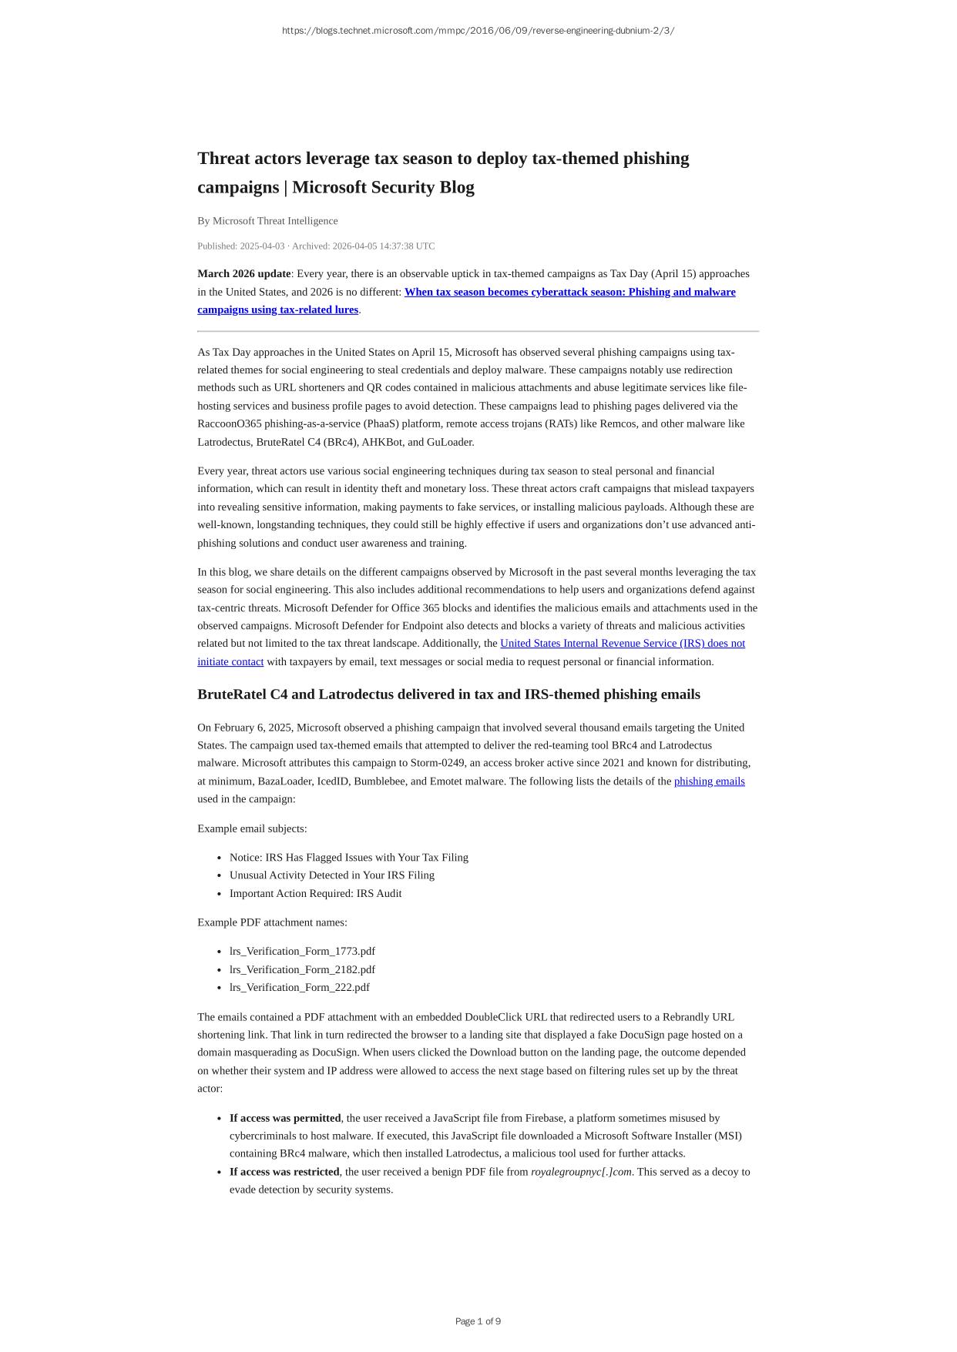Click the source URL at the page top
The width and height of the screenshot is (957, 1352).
pos(478,31)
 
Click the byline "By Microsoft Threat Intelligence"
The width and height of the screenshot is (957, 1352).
pos(267,221)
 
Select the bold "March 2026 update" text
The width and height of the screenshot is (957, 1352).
pos(244,273)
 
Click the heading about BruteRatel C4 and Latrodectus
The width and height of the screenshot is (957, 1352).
pos(448,694)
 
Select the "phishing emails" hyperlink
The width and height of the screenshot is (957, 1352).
pos(709,781)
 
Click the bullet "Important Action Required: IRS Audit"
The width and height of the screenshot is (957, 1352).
pos(315,893)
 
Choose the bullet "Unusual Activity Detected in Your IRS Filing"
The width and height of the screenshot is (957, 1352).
pos(331,875)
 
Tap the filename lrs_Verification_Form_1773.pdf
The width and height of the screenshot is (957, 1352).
pos(302,952)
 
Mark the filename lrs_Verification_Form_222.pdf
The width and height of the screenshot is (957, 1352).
pos(299,988)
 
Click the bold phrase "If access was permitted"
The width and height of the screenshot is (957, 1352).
pos(285,1118)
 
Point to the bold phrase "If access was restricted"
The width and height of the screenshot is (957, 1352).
pos(284,1172)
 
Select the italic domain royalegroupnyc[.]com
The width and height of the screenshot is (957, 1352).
pos(581,1172)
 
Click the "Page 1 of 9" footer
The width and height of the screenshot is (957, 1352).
pos(478,1321)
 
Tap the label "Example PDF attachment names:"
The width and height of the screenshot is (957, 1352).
pos(272,922)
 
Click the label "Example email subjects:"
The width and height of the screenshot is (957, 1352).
pos(252,828)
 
